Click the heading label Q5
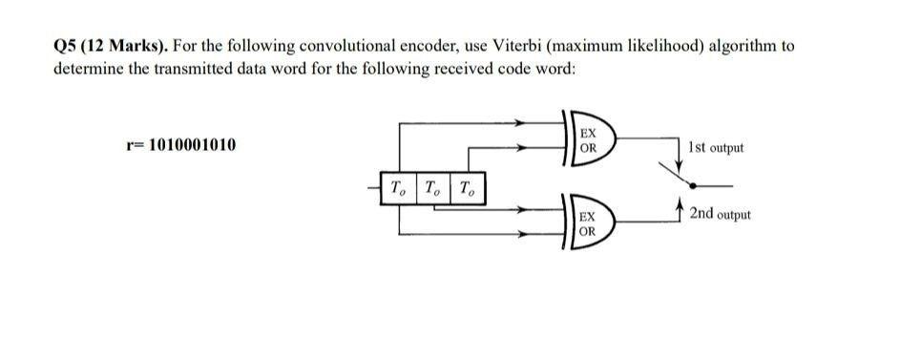tap(68, 46)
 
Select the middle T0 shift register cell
tap(432, 186)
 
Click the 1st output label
tap(715, 147)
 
